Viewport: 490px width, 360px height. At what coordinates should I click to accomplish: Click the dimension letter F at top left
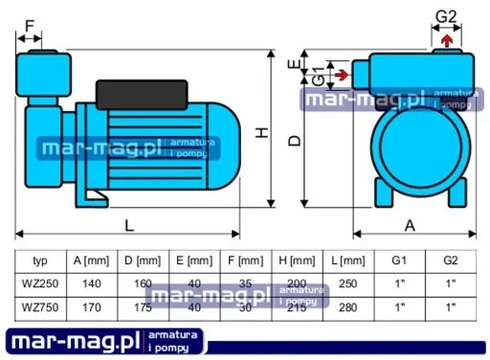point(30,25)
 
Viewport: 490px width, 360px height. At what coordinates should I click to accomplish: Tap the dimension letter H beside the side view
point(261,135)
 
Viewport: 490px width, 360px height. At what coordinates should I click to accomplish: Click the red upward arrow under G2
point(447,39)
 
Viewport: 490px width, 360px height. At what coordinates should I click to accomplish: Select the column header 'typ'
point(40,260)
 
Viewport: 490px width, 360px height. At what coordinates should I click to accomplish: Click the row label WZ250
point(40,283)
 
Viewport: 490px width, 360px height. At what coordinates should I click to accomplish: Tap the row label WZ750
point(40,306)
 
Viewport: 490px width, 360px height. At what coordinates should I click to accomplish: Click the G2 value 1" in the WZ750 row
point(451,306)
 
